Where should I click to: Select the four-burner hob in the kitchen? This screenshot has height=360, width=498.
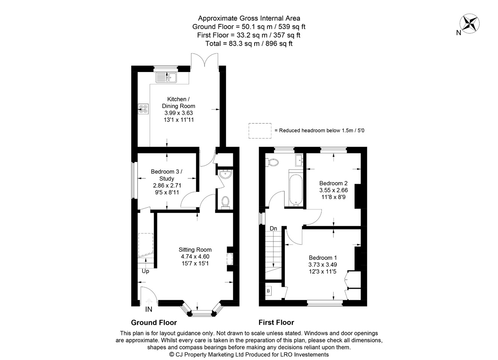pos(143,109)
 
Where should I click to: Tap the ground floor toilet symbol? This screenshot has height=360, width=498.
pos(225,202)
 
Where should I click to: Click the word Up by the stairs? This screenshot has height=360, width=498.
pos(145,271)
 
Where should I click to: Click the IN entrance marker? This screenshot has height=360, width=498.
pos(149,309)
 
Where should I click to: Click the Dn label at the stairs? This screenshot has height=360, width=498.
pos(273,228)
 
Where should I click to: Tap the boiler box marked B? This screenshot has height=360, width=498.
pos(268,291)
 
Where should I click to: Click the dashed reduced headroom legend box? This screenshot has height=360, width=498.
pos(260,130)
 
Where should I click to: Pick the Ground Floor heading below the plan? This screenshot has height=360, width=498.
pos(154,322)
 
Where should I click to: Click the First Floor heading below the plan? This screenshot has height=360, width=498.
pos(276,322)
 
